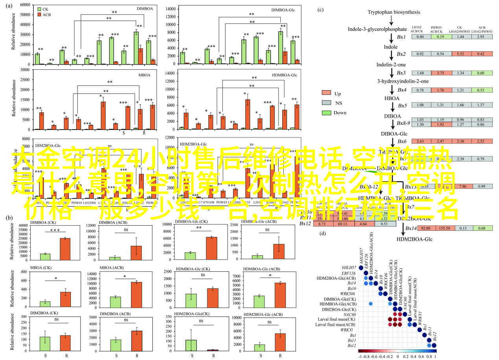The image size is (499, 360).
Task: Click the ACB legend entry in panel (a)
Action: click(x=44, y=14)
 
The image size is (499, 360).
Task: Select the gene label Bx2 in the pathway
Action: click(x=401, y=54)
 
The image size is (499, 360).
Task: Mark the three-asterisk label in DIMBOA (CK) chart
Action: click(x=55, y=231)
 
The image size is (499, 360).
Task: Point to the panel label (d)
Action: click(x=323, y=233)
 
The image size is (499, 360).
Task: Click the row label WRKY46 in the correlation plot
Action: click(x=348, y=294)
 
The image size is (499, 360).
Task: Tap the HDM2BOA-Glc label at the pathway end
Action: click(x=414, y=239)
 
